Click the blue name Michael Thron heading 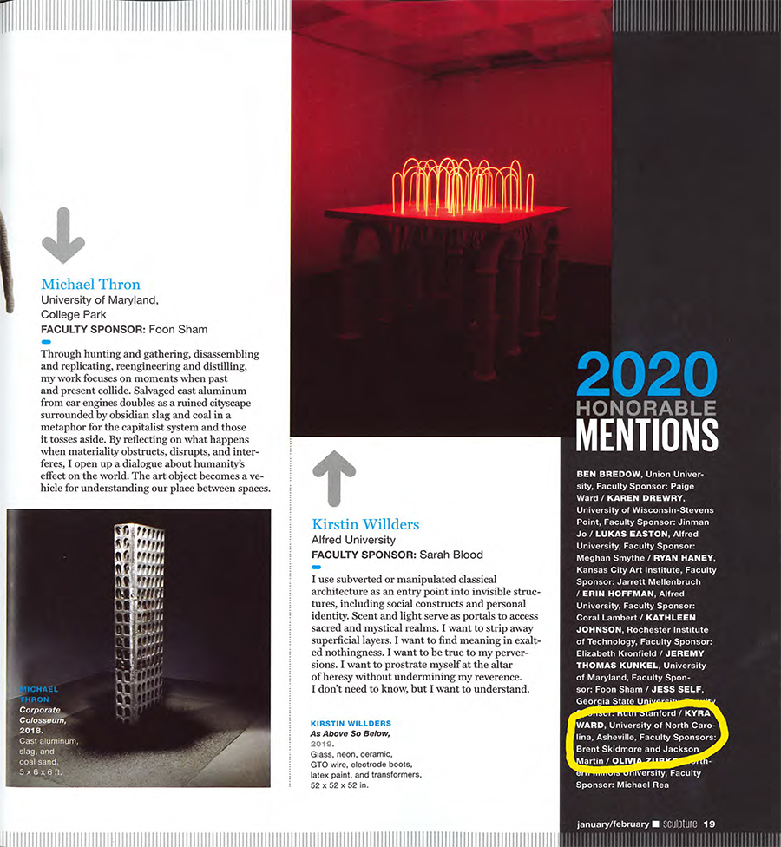click(x=90, y=285)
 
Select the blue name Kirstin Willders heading click(x=365, y=524)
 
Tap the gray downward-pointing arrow click(x=63, y=235)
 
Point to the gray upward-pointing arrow click(x=334, y=477)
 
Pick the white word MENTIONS click(x=646, y=434)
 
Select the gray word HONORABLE click(x=646, y=408)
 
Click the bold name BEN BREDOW click(x=608, y=475)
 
